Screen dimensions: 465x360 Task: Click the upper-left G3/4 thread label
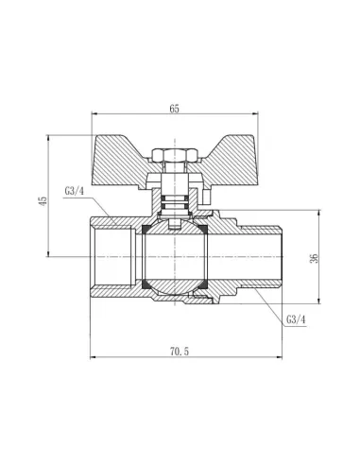pos(76,194)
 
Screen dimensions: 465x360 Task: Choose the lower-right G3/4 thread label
pos(297,319)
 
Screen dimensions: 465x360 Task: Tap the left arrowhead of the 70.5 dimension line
pos(93,359)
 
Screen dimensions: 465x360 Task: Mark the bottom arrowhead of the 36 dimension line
pos(321,303)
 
